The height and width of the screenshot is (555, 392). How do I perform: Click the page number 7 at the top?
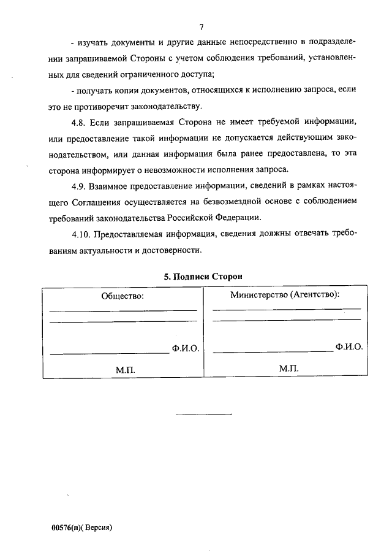(201, 26)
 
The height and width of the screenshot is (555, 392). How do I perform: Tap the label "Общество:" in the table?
(123, 296)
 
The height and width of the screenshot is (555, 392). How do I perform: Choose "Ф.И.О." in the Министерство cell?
(349, 346)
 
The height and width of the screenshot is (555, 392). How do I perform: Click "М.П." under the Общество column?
(125, 370)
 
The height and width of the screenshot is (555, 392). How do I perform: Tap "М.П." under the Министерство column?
(288, 368)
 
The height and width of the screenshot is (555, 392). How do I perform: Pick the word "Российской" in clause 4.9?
(194, 218)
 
